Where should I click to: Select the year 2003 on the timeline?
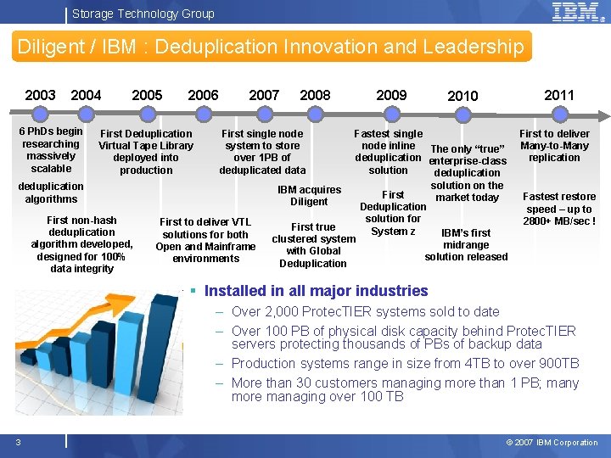click(41, 95)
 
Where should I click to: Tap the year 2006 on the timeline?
click(203, 95)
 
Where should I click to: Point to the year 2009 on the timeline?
click(391, 95)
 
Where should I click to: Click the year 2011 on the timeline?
click(558, 95)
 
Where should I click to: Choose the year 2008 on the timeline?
click(316, 95)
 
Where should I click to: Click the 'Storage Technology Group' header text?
click(143, 14)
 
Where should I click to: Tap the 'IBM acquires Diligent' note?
click(309, 196)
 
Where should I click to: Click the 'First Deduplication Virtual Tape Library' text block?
click(146, 152)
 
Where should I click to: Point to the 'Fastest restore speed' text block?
click(559, 209)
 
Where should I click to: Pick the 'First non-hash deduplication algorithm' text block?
click(82, 244)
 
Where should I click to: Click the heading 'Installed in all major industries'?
click(316, 291)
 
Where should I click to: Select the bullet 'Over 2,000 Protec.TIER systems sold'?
click(365, 311)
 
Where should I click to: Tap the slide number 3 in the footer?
click(18, 442)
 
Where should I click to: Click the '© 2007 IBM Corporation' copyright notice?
click(552, 442)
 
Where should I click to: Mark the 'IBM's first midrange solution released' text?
click(466, 244)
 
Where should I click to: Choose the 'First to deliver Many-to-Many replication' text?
click(554, 145)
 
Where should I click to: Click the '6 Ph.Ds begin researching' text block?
click(51, 149)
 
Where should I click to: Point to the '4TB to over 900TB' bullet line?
click(405, 363)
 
